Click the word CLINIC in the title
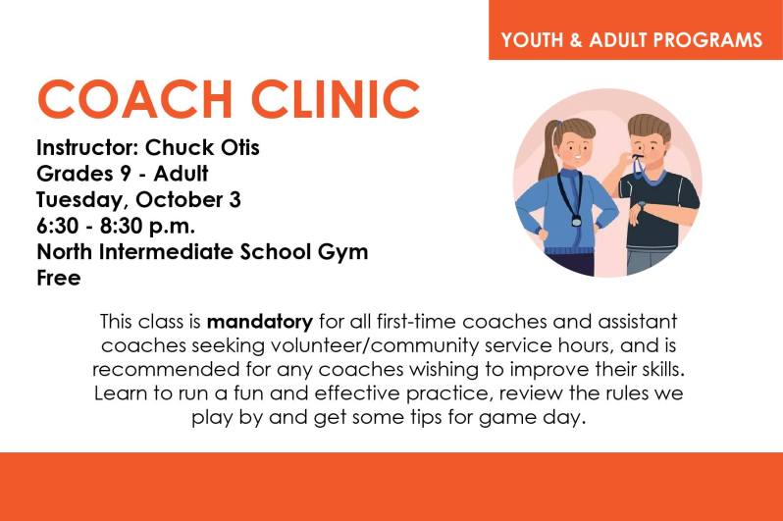point(335,99)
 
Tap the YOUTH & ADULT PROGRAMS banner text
point(632,40)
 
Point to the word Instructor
point(86,149)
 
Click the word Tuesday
point(78,200)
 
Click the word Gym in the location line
point(344,251)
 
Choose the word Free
point(58,277)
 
